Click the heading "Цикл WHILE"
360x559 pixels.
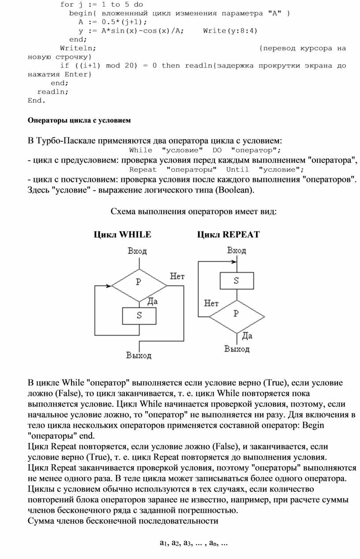click(122, 234)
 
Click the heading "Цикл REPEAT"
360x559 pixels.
click(228, 234)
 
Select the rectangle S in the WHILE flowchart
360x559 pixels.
click(139, 315)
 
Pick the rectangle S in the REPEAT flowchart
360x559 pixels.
click(236, 280)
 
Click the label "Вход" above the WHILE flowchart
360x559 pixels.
click(137, 251)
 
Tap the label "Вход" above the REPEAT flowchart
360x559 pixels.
click(236, 250)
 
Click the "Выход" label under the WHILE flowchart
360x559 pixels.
click(139, 355)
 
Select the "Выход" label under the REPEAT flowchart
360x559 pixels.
click(237, 349)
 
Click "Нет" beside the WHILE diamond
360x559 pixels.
click(177, 276)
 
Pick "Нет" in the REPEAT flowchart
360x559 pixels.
click(211, 303)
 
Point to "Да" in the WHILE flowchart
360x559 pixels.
click(152, 302)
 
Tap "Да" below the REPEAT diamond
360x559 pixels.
click(247, 336)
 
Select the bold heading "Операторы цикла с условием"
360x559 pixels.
click(79, 120)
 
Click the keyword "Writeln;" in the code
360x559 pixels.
click(78, 48)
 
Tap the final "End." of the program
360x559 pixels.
click(37, 100)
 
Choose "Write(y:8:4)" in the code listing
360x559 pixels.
click(230, 30)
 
